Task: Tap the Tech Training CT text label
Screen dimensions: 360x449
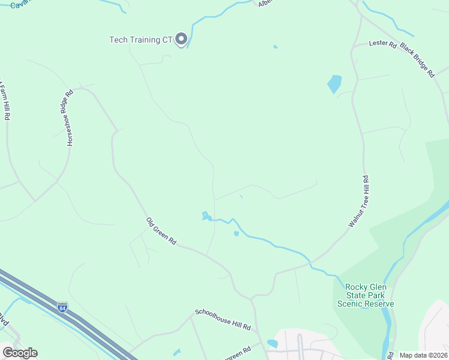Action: tap(141, 40)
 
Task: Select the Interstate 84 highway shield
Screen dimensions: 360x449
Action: tap(62, 307)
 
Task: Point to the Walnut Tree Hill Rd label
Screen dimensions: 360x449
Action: tap(358, 201)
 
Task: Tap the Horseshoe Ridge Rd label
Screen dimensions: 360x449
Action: tap(70, 118)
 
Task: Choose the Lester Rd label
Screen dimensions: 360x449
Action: tap(383, 44)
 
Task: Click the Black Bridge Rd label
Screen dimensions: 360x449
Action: tap(417, 59)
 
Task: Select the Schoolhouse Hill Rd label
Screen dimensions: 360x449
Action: tap(222, 320)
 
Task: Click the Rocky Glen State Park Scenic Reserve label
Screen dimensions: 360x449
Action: tap(365, 295)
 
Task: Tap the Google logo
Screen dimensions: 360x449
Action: tap(20, 353)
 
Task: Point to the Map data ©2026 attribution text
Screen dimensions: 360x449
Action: tap(423, 355)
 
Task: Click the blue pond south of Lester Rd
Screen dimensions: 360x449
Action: tap(334, 83)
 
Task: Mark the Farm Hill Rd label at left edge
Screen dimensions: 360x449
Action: tap(5, 99)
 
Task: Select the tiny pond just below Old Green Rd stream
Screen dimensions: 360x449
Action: tap(237, 233)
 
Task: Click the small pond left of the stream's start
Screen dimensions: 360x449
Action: tap(205, 215)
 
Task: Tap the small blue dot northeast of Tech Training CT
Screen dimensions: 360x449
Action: tap(275, 47)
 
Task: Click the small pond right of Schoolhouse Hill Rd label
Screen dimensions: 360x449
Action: tap(273, 344)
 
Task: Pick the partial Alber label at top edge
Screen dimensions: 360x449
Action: tap(265, 3)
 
